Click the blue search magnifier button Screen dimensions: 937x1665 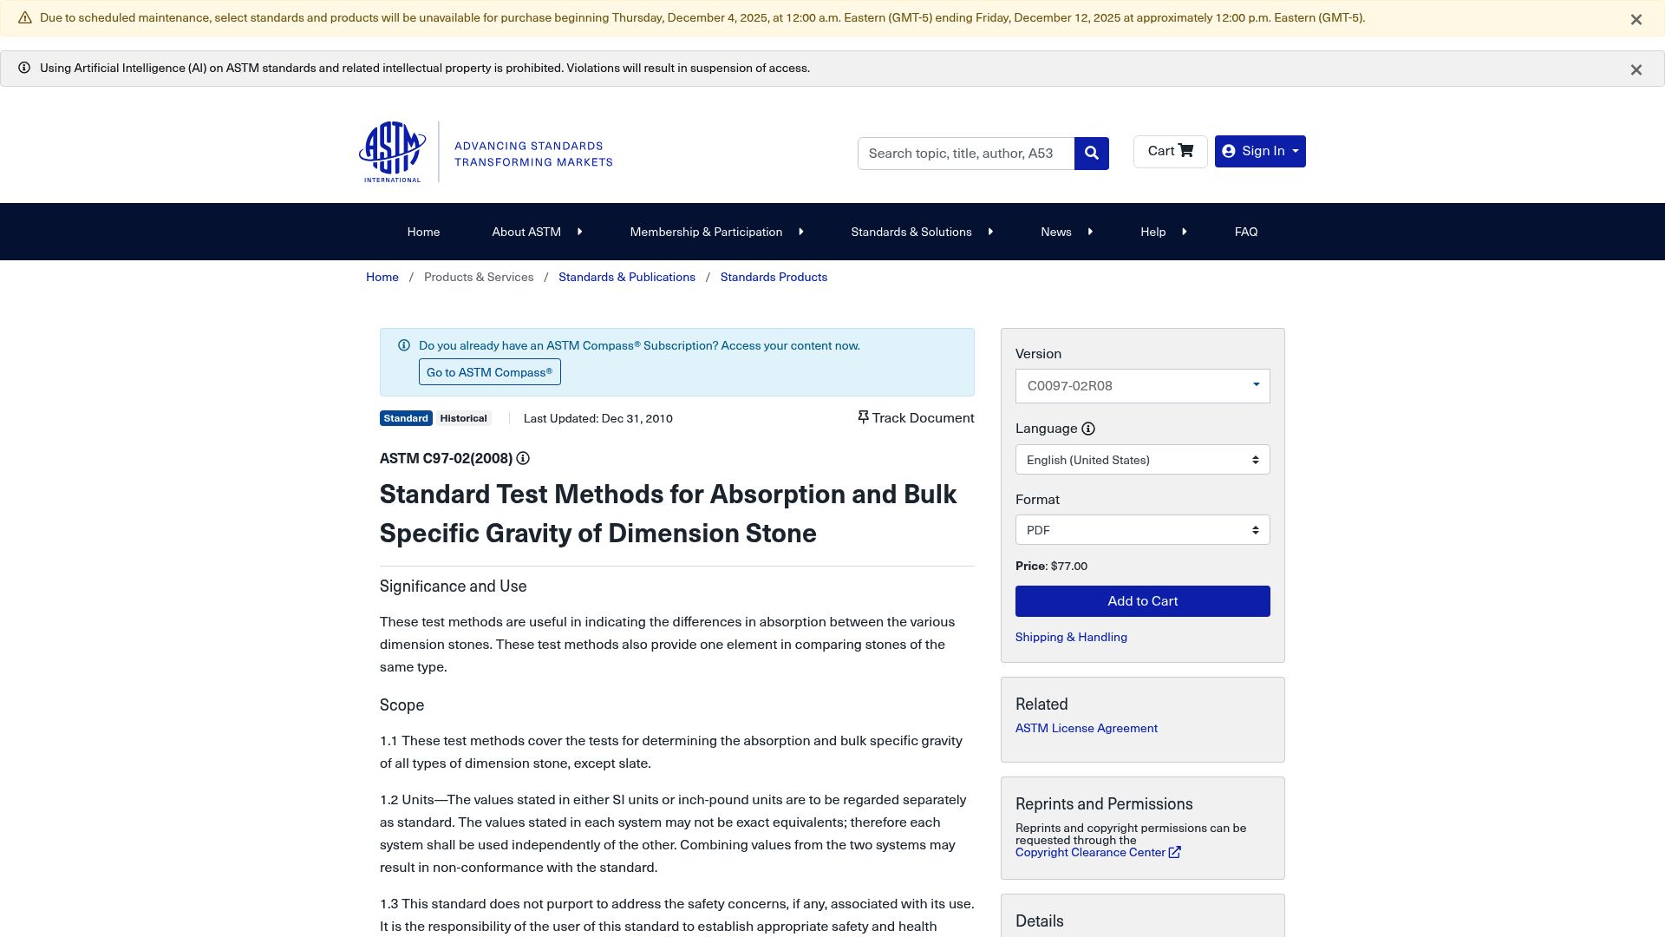point(1091,154)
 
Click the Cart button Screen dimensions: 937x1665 point(1170,152)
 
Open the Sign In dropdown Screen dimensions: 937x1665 point(1260,152)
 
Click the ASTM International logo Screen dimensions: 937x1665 point(393,152)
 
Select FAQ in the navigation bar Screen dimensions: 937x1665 point(1245,233)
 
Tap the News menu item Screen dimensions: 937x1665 point(1056,233)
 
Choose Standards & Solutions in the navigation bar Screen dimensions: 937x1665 point(911,233)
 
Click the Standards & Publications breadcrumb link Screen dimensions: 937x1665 point(626,278)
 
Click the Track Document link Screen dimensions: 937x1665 point(916,418)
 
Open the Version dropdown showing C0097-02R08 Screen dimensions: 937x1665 point(1142,386)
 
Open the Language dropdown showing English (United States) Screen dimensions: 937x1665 point(1142,460)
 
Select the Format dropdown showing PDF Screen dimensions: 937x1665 point(1142,530)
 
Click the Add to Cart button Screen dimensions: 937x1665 point(1142,601)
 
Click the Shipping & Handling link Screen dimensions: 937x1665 point(1071,638)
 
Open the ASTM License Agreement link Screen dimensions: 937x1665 point(1086,729)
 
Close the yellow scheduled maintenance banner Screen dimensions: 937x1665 point(1636,19)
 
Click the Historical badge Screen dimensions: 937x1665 point(463,419)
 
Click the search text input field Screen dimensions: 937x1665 point(965,154)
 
